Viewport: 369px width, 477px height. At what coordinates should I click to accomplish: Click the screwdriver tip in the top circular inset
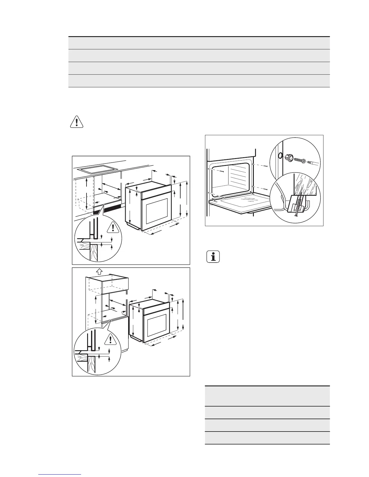tap(314, 163)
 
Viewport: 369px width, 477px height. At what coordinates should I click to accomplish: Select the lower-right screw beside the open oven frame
tap(266, 189)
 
